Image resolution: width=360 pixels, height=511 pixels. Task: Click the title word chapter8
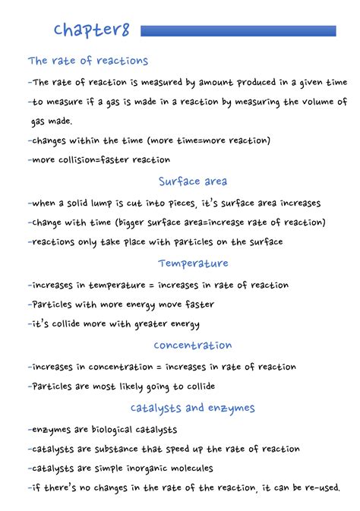point(91,30)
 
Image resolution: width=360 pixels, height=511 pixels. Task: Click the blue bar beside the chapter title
point(238,31)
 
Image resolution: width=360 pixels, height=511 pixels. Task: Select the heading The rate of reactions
point(88,61)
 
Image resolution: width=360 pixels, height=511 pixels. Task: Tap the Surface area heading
point(193,181)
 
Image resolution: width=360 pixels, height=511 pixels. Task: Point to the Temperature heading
point(193,263)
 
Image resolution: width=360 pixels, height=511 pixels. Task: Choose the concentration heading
point(193,345)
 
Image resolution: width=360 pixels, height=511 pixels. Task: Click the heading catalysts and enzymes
point(193,408)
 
